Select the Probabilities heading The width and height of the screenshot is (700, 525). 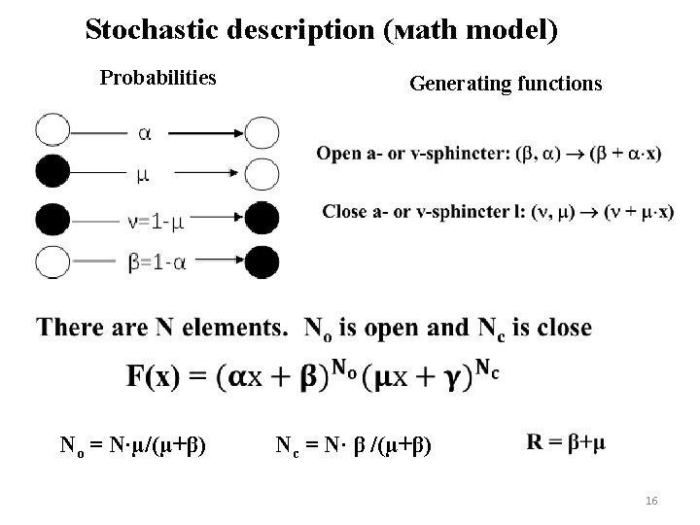tap(158, 77)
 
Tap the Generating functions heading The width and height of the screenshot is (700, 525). tap(506, 85)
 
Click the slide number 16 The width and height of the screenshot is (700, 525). tap(651, 500)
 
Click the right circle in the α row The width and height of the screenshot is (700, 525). tap(262, 131)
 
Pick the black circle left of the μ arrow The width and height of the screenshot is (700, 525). tap(52, 173)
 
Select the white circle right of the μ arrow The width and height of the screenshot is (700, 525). tap(262, 174)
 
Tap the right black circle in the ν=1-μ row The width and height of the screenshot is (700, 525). tap(262, 218)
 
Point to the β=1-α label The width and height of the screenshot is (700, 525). tap(158, 262)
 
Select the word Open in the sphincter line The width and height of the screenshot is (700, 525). tap(340, 154)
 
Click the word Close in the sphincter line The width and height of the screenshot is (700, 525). tap(344, 211)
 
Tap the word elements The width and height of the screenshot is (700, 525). tap(233, 328)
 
